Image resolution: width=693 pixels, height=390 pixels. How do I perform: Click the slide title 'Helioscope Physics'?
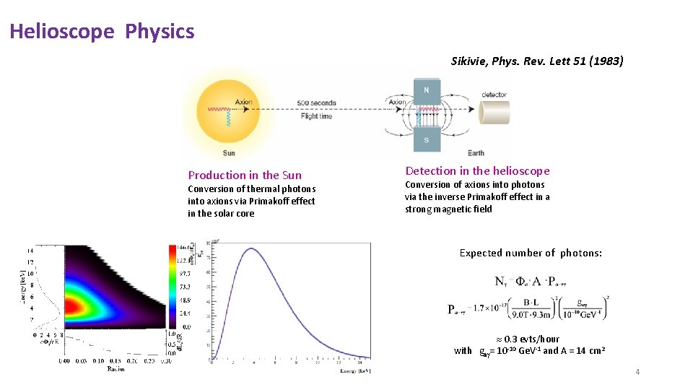pos(102,32)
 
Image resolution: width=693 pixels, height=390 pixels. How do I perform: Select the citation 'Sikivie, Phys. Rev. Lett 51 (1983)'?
pos(536,61)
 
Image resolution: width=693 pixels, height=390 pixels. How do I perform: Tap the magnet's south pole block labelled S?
pos(426,139)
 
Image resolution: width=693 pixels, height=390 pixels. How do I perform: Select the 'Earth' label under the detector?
pos(476,152)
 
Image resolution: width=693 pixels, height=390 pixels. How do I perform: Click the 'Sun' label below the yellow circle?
pos(228,152)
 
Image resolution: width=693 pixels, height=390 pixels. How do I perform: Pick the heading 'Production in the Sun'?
pos(245,175)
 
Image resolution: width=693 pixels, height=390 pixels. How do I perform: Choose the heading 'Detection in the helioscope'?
pos(477,171)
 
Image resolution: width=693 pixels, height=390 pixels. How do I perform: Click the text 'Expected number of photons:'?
pos(531,253)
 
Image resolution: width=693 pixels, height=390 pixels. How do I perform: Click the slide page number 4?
pos(637,372)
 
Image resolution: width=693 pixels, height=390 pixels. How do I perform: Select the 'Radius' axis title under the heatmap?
pos(115,368)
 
